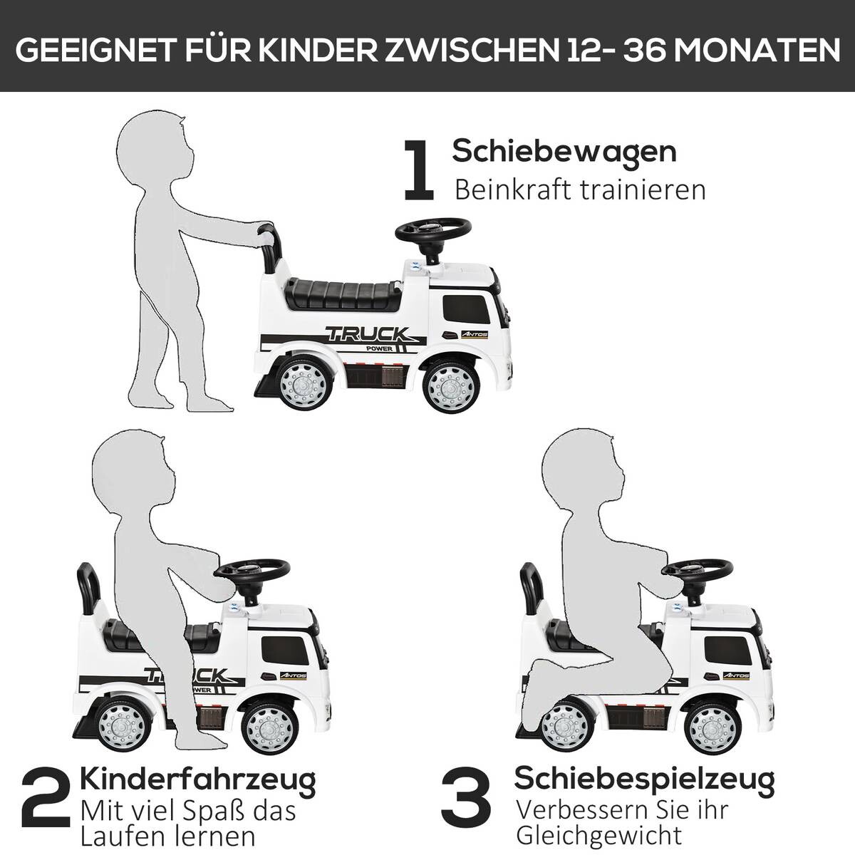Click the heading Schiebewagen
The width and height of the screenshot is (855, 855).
point(564,151)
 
